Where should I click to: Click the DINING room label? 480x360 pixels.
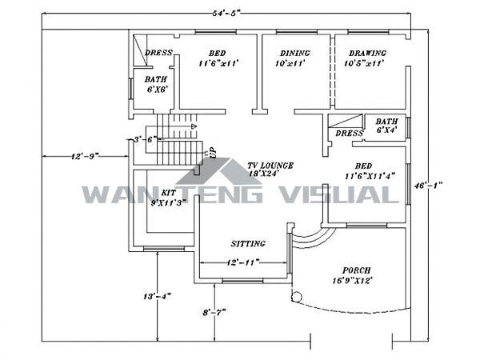pyautogui.click(x=293, y=53)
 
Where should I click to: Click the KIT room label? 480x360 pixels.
pyautogui.click(x=168, y=194)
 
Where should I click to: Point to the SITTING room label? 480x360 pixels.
pyautogui.click(x=248, y=243)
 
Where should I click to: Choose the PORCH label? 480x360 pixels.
pyautogui.click(x=356, y=270)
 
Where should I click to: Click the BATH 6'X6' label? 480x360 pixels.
pyautogui.click(x=157, y=84)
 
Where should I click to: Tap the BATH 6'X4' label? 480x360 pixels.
pyautogui.click(x=387, y=125)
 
